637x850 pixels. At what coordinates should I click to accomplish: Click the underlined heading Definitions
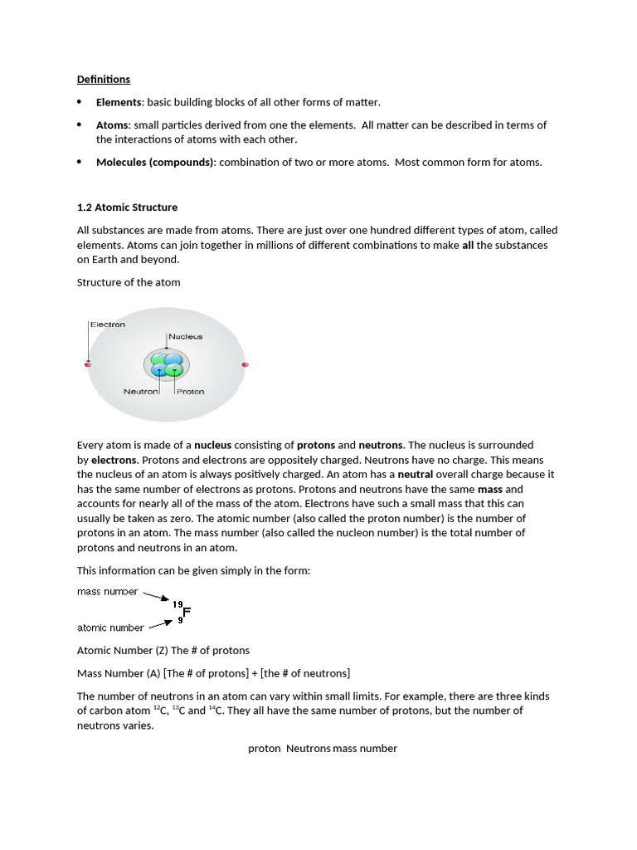(x=103, y=80)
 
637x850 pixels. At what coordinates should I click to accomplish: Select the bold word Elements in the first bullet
(x=119, y=102)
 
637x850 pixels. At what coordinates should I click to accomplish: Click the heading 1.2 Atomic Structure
(x=127, y=207)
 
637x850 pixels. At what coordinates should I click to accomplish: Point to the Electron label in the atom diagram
(x=107, y=325)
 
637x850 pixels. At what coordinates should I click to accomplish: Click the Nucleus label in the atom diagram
(x=186, y=337)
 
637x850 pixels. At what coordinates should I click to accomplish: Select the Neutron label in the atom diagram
(x=140, y=392)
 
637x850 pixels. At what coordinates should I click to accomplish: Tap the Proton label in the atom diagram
(x=190, y=392)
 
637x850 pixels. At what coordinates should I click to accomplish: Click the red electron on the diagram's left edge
(x=88, y=364)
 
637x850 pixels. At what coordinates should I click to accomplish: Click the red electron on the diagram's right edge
(x=245, y=364)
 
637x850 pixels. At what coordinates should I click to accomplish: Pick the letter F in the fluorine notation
(x=187, y=613)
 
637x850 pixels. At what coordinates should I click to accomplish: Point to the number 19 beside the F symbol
(x=177, y=604)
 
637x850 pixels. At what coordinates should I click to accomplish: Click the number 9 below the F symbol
(x=180, y=621)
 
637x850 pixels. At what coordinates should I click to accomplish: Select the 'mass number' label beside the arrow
(x=108, y=592)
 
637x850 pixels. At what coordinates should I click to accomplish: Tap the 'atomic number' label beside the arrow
(x=110, y=628)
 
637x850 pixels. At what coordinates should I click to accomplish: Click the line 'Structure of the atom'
(x=129, y=282)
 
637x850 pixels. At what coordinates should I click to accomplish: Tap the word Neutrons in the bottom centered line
(x=309, y=749)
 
